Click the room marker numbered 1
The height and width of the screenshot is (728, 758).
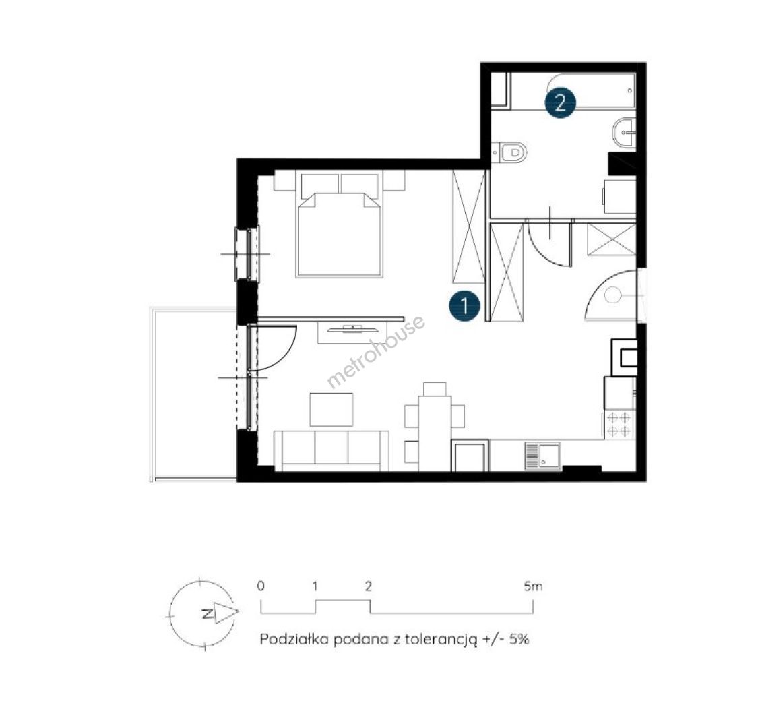pos(464,306)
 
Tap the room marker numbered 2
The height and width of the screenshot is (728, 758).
pos(561,102)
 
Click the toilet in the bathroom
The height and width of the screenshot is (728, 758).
pos(509,152)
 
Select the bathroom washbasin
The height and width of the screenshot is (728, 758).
pos(624,131)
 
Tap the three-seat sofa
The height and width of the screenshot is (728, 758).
pos(331,450)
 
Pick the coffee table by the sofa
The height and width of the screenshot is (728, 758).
pos(331,409)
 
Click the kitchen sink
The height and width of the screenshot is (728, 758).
pos(542,456)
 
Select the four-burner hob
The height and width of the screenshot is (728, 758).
pos(619,424)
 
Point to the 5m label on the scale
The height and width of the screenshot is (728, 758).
pos(533,586)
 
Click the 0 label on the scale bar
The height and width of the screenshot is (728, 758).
pos(261,586)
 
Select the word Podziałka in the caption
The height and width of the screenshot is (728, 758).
pos(295,639)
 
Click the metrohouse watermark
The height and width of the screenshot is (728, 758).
pos(375,352)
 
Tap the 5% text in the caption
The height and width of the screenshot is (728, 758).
pos(519,639)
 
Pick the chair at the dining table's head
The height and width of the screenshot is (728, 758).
pos(435,389)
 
